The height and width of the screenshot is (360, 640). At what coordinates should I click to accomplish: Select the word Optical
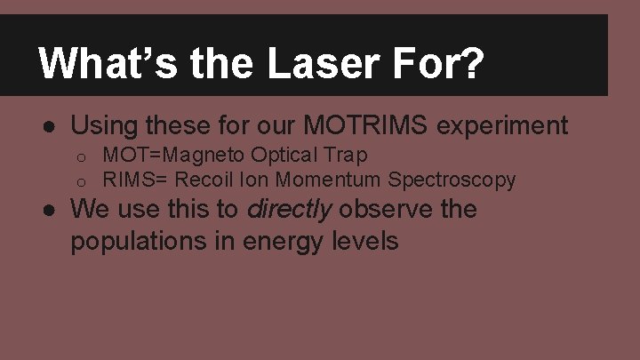pos(282,156)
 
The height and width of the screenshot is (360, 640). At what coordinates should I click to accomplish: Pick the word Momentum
pos(328,180)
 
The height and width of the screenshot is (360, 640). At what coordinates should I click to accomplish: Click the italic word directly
pos(289,210)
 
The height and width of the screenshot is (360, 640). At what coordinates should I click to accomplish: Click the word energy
pos(286,240)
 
